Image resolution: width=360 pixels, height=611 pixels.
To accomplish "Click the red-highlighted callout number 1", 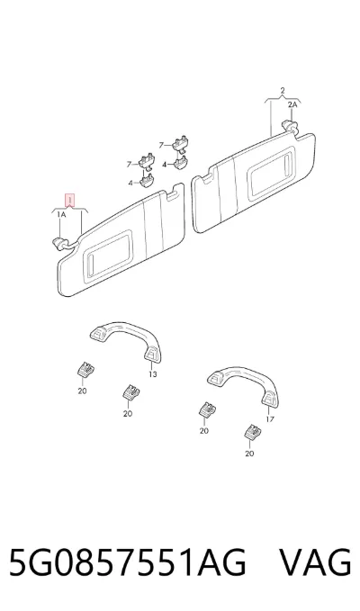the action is tap(69, 201).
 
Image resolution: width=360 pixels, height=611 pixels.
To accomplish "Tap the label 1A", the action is tap(61, 215).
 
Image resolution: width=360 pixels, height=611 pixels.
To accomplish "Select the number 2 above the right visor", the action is tap(283, 91).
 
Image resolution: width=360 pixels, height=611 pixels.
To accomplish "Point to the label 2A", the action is tap(292, 104).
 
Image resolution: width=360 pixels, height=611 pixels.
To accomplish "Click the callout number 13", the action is tap(153, 374).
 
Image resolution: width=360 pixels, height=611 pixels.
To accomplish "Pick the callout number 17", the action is tap(270, 419).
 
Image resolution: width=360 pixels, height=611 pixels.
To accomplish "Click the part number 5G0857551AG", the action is tap(127, 562).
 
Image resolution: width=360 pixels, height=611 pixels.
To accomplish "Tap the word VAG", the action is tap(316, 562).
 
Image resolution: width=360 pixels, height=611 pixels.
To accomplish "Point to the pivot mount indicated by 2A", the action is tap(290, 126).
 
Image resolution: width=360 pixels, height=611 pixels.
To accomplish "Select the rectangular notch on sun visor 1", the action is tap(171, 195).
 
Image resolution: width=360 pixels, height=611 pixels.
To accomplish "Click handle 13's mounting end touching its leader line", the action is tap(152, 353).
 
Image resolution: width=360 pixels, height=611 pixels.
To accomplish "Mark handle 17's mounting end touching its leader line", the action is tap(270, 399).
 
